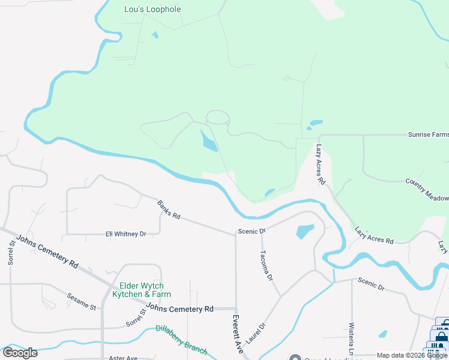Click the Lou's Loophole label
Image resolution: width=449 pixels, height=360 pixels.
(x=152, y=10)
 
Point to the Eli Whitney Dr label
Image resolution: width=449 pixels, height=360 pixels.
(x=126, y=234)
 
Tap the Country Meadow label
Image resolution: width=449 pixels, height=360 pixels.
(x=427, y=190)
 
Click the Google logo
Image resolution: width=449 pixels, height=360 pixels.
(x=20, y=353)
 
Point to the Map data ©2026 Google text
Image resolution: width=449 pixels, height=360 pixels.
(x=412, y=355)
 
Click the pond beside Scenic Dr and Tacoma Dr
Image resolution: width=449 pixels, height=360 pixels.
(x=305, y=230)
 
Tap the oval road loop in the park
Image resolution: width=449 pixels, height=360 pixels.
(x=217, y=117)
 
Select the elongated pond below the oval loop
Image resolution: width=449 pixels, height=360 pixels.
(x=209, y=143)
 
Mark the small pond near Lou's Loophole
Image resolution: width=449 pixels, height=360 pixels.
(x=155, y=35)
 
